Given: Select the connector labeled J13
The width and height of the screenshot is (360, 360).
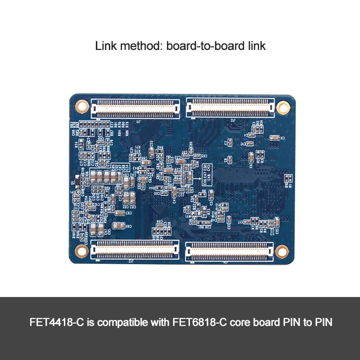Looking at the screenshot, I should coord(230,108).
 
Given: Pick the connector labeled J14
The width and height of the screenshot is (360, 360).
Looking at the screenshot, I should coord(229,251).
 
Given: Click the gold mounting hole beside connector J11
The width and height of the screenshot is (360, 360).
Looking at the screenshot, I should coord(82,106).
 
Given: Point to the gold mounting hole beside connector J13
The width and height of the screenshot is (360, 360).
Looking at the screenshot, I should coord(283,107).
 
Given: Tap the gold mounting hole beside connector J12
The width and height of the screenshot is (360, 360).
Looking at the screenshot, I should coord(81,250).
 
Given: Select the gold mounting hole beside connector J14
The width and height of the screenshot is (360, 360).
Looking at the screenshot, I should coord(282,251).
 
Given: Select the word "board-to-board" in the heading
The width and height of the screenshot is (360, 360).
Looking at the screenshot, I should coord(203,46).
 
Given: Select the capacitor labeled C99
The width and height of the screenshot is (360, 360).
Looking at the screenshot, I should coord(119,225).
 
